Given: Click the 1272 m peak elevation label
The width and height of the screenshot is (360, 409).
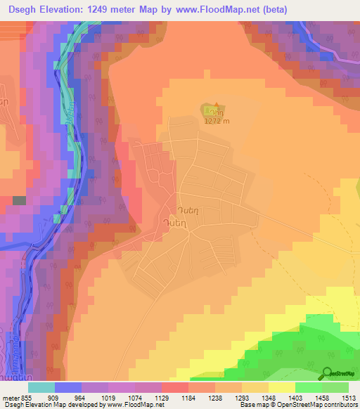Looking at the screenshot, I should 217,121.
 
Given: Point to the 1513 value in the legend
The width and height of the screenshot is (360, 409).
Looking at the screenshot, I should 349,397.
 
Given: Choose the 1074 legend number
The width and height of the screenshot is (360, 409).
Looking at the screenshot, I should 135,397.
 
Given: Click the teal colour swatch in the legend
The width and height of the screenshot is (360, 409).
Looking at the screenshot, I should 41,387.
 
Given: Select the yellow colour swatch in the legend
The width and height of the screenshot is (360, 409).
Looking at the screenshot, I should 281,387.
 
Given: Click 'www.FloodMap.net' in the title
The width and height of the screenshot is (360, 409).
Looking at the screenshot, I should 211,9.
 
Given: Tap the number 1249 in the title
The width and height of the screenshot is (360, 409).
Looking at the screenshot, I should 96,9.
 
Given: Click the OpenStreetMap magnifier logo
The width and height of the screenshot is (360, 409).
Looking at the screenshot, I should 326,374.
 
